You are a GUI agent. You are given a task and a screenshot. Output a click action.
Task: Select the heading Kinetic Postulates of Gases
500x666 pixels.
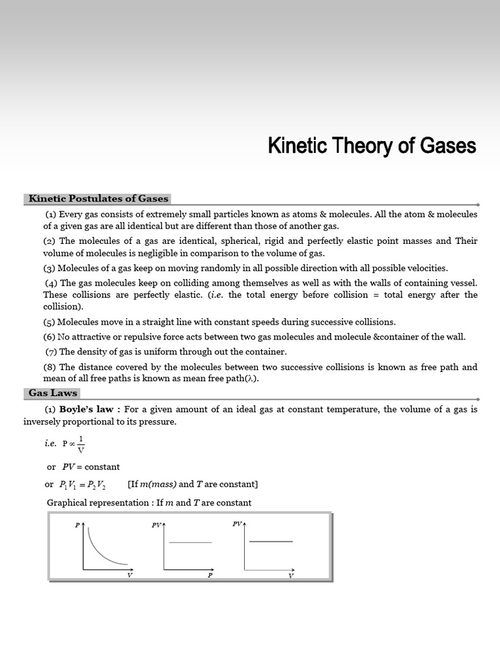[x=98, y=199]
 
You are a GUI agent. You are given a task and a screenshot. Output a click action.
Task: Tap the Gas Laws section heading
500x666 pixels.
[x=53, y=393]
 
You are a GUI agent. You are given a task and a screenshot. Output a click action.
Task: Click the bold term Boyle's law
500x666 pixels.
[x=86, y=410]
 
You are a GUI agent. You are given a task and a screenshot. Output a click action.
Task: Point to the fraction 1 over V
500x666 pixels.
[x=81, y=443]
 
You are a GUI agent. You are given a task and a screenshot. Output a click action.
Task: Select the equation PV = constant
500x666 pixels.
[x=91, y=467]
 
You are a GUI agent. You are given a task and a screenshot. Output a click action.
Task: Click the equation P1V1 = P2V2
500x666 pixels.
[x=85, y=485]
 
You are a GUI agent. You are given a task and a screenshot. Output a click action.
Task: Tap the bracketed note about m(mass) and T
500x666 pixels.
[x=193, y=485]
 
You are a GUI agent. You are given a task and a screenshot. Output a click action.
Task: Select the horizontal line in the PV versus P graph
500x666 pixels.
[x=190, y=542]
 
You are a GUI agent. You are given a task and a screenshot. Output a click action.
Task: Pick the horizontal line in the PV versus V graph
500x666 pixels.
[x=271, y=541]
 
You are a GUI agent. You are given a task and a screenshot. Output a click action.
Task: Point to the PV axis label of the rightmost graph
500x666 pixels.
[x=237, y=524]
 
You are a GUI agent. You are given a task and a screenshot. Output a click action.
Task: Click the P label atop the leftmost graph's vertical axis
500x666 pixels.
[x=77, y=524]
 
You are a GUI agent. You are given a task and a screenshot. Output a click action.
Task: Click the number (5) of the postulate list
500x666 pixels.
[x=49, y=322]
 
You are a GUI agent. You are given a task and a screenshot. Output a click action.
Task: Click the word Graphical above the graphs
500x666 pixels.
[x=68, y=503]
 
